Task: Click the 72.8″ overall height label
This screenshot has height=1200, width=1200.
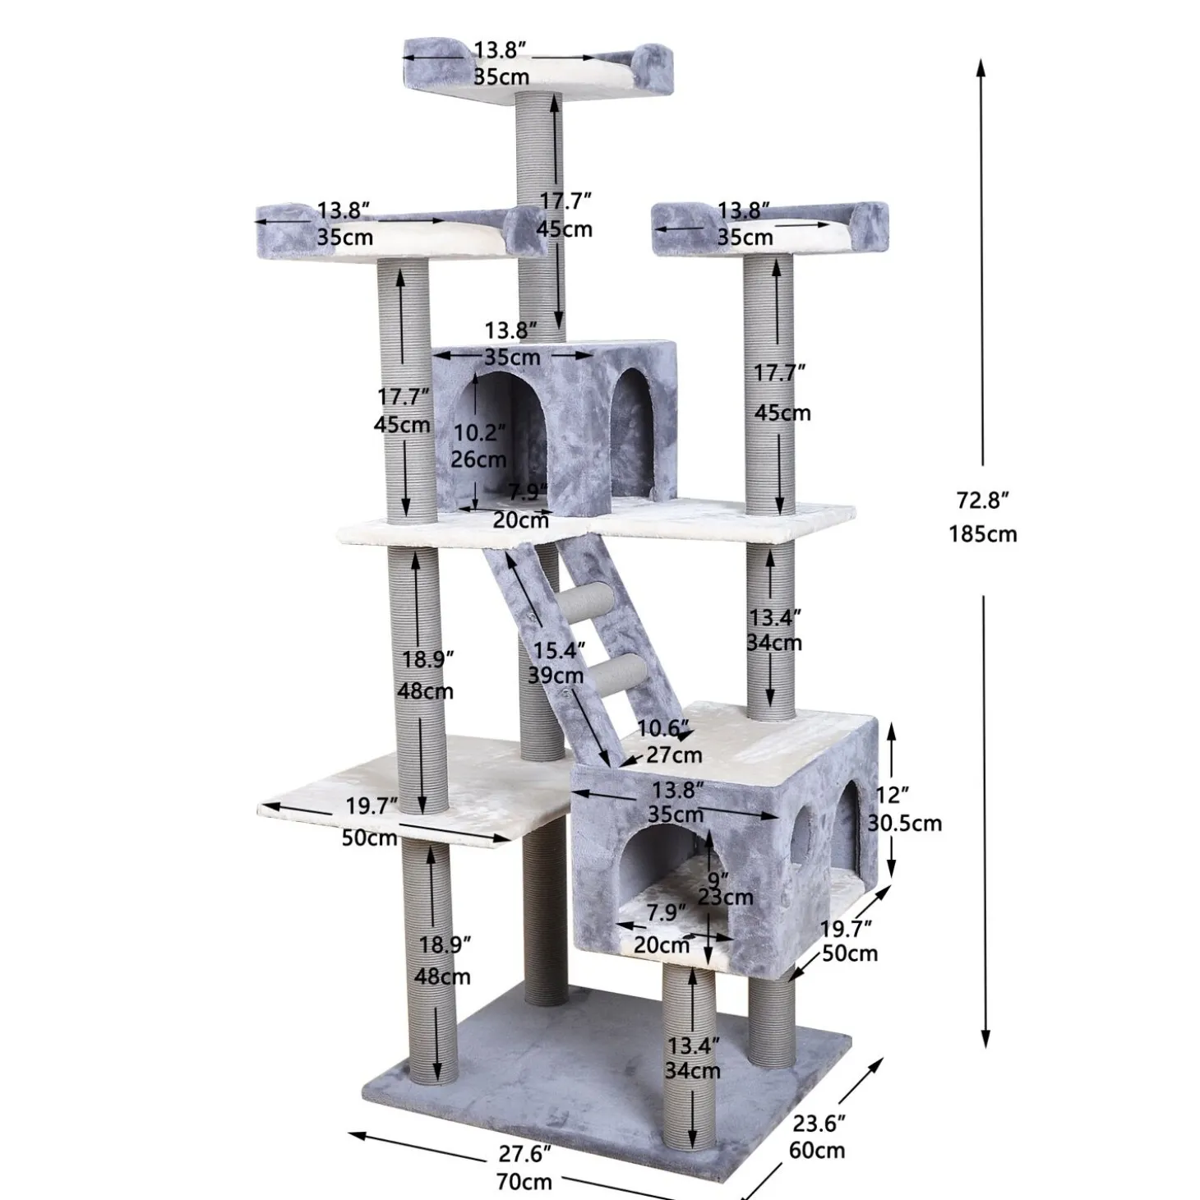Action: (x=982, y=500)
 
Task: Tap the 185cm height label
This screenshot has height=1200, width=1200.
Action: (x=983, y=533)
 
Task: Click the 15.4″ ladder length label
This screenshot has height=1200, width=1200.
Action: (x=559, y=650)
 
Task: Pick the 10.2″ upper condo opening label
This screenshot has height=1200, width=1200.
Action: (x=479, y=432)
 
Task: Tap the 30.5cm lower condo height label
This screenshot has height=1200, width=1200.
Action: (x=904, y=824)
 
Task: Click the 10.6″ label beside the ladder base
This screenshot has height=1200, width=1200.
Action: (x=663, y=727)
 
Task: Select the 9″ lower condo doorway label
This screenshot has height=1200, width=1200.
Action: (x=718, y=879)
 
